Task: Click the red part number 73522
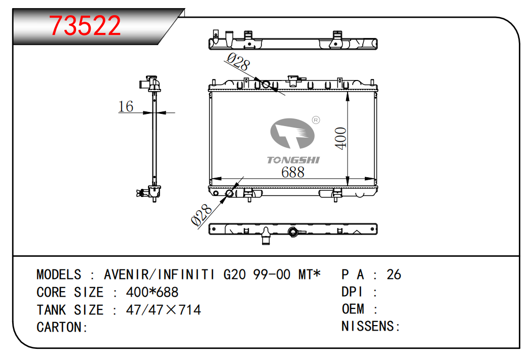click(x=85, y=26)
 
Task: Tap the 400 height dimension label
click(x=340, y=138)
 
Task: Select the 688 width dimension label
click(x=293, y=172)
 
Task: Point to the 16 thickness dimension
click(x=126, y=106)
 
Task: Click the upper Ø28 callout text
click(x=238, y=61)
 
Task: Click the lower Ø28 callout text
click(x=202, y=215)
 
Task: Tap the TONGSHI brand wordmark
click(x=293, y=159)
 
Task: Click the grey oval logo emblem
click(x=292, y=133)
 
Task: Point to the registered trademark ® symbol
click(x=316, y=120)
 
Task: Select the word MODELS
click(x=59, y=274)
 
